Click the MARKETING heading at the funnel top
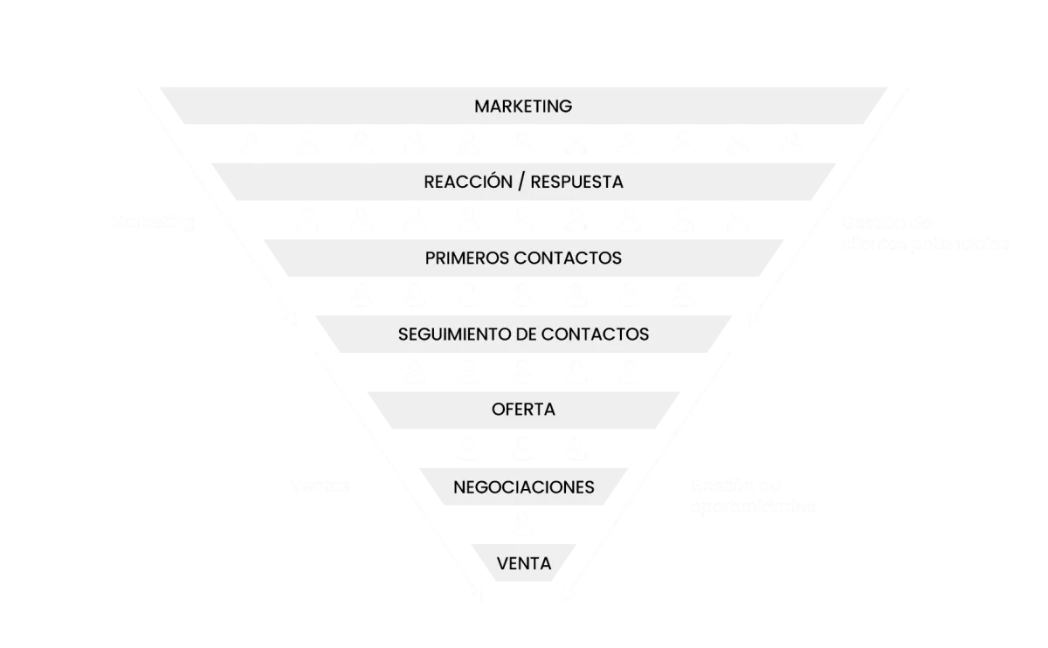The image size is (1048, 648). coord(523,107)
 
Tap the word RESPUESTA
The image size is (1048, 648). coord(576,183)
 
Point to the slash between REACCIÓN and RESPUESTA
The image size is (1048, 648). coord(521,183)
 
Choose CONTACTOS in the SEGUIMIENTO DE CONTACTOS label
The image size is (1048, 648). coord(595,334)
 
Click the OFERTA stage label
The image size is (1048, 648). coord(523,410)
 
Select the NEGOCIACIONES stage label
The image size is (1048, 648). coord(523,487)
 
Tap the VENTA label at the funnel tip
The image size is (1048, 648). coord(523,564)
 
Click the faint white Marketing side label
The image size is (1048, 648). coord(153,222)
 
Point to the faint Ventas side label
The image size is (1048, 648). coord(319,486)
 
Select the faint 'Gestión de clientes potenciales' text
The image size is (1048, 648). coord(924,233)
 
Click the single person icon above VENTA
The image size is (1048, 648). coord(523,524)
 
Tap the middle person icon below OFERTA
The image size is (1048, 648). coord(522,447)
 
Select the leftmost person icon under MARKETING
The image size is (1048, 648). coord(252,143)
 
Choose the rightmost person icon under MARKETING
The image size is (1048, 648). coord(791,143)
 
